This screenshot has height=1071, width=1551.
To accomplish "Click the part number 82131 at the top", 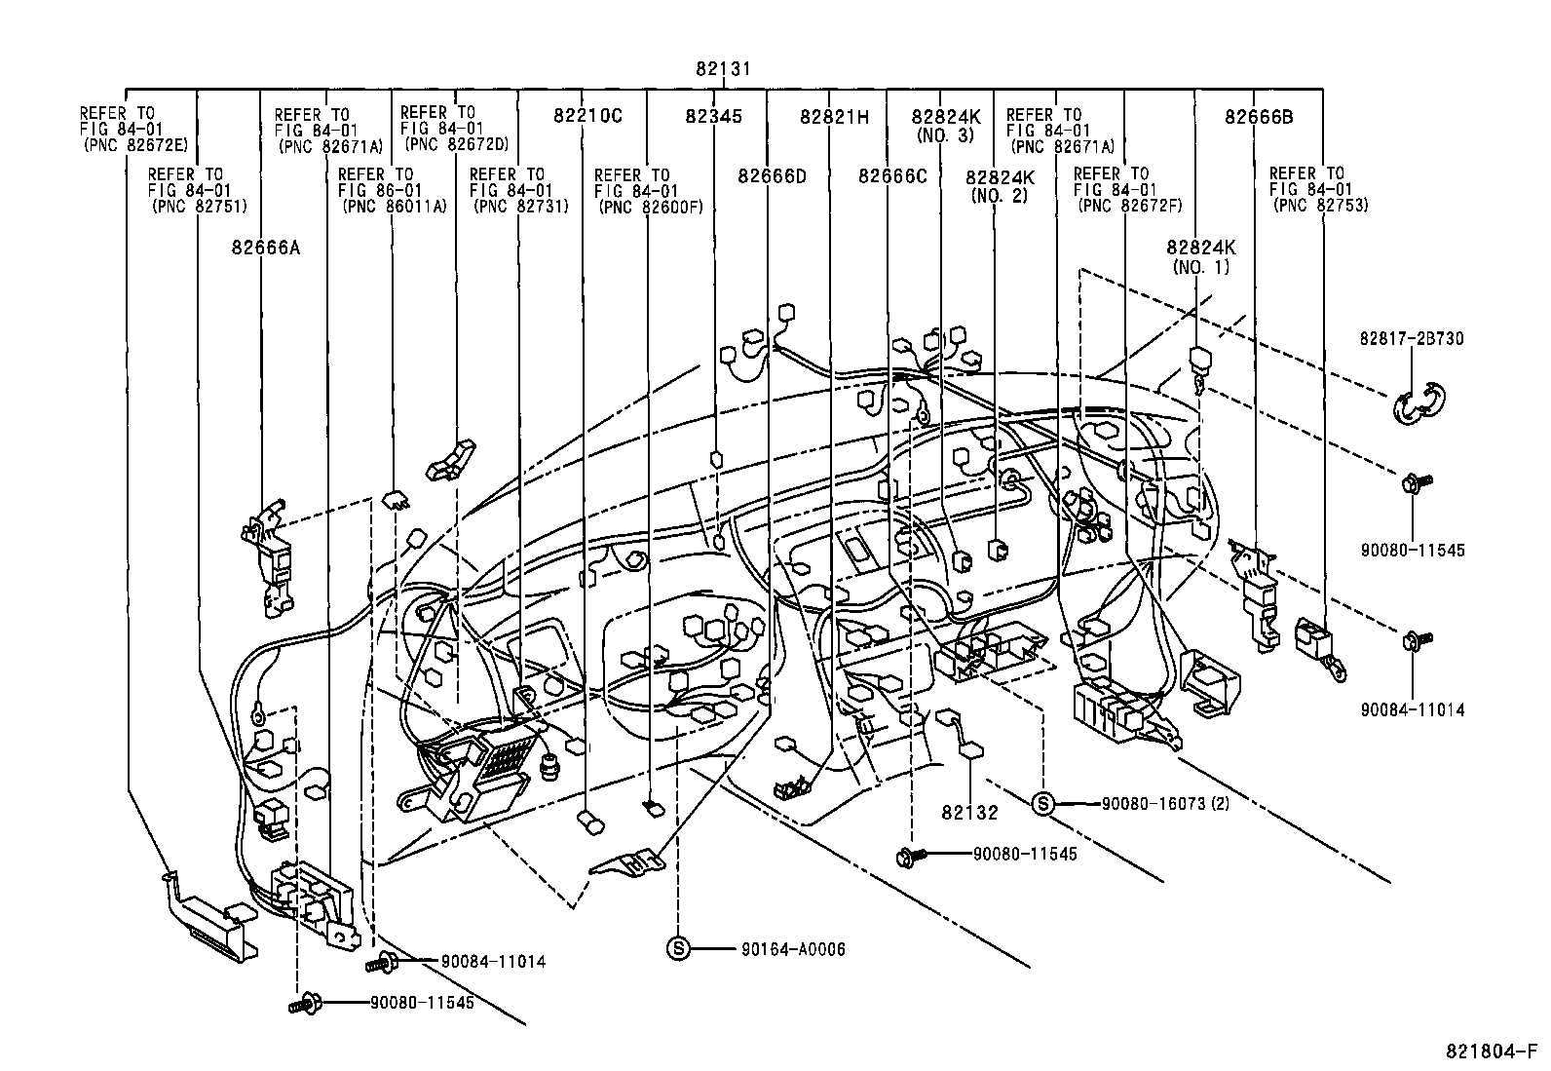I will [x=723, y=69].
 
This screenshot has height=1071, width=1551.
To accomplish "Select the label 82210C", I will [x=587, y=116].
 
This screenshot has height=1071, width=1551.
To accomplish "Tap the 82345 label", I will [x=713, y=116].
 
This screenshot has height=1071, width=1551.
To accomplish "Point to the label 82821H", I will [x=834, y=116].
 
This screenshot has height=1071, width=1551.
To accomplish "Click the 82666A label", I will [x=266, y=248].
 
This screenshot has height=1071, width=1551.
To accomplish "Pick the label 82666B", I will [x=1259, y=117].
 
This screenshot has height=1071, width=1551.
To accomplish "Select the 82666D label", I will [x=773, y=176].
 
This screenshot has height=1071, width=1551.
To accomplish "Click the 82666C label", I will [x=892, y=176].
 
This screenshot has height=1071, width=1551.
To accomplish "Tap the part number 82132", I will [x=970, y=812].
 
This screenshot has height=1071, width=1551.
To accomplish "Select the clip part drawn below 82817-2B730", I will [x=1419, y=403].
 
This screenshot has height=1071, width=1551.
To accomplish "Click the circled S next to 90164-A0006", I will [x=678, y=947].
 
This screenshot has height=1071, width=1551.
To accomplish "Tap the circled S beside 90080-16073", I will [x=1042, y=804].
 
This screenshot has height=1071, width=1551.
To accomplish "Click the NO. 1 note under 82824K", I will [x=1201, y=266].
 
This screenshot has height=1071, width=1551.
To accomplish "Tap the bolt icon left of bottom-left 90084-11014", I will [x=380, y=963].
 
